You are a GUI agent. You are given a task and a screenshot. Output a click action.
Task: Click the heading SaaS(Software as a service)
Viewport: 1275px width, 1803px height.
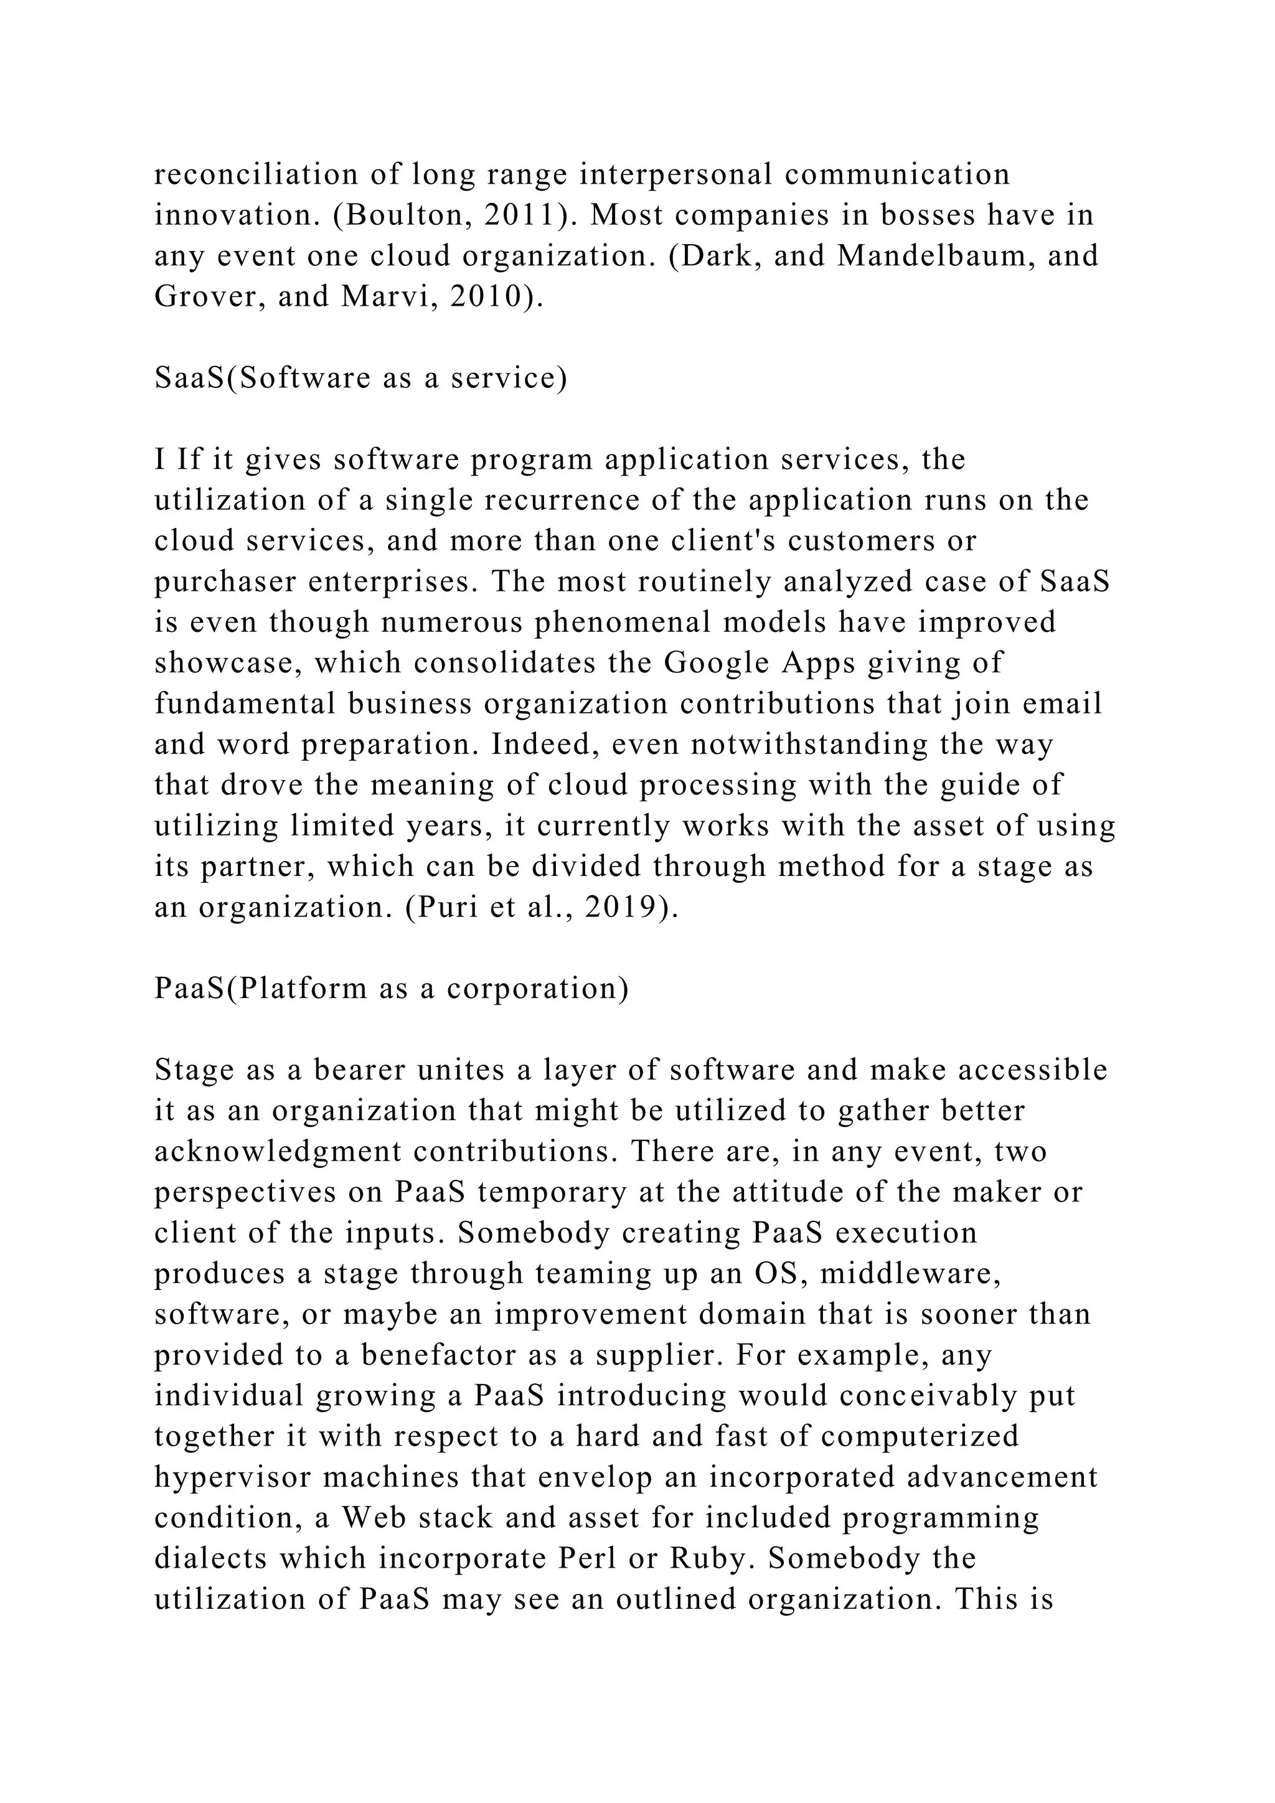360,378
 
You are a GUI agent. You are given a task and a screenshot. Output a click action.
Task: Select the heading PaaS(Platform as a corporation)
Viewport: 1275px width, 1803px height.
392,988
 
